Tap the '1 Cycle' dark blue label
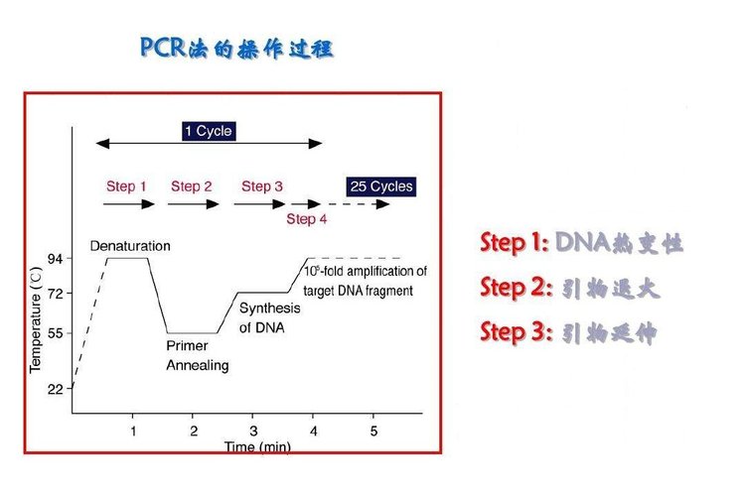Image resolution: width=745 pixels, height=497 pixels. click(208, 131)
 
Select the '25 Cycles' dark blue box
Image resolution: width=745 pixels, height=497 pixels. click(380, 186)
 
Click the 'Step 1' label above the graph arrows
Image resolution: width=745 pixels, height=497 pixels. click(126, 186)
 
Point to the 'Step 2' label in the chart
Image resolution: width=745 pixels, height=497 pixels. click(192, 186)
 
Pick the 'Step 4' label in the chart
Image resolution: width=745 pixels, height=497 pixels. click(306, 218)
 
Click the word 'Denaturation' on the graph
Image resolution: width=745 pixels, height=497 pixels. click(130, 245)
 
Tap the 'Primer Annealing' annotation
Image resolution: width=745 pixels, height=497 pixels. click(197, 356)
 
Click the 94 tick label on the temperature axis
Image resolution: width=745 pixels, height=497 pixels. click(56, 260)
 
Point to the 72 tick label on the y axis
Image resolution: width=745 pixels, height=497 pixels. click(56, 294)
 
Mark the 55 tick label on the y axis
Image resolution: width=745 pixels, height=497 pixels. click(56, 333)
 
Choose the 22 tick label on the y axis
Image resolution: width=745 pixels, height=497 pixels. click(56, 389)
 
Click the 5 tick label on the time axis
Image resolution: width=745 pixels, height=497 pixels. click(373, 431)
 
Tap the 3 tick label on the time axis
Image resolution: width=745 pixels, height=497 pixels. click(253, 431)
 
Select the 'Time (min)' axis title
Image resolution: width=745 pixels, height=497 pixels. click(257, 447)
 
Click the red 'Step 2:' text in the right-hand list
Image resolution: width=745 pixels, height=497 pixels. click(515, 288)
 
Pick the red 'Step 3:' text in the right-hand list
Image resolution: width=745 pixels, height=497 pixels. click(515, 332)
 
